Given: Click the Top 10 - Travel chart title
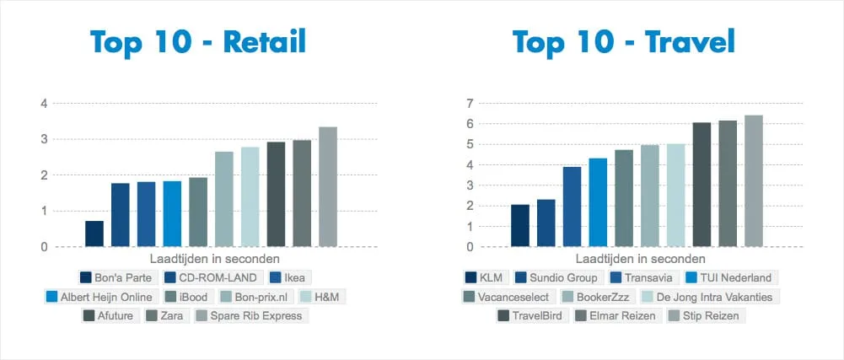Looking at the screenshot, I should (x=624, y=41).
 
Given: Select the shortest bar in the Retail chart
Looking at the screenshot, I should (x=94, y=234).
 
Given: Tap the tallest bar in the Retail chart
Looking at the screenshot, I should (x=328, y=187).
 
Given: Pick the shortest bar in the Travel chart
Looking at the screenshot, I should (x=520, y=226).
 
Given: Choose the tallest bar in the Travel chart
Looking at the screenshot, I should (x=754, y=181).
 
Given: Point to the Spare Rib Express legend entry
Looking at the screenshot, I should (x=250, y=316).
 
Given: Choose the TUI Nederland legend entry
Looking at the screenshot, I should (x=729, y=277).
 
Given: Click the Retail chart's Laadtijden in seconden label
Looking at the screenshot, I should (x=214, y=259).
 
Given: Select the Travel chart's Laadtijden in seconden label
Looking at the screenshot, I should (x=640, y=259).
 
